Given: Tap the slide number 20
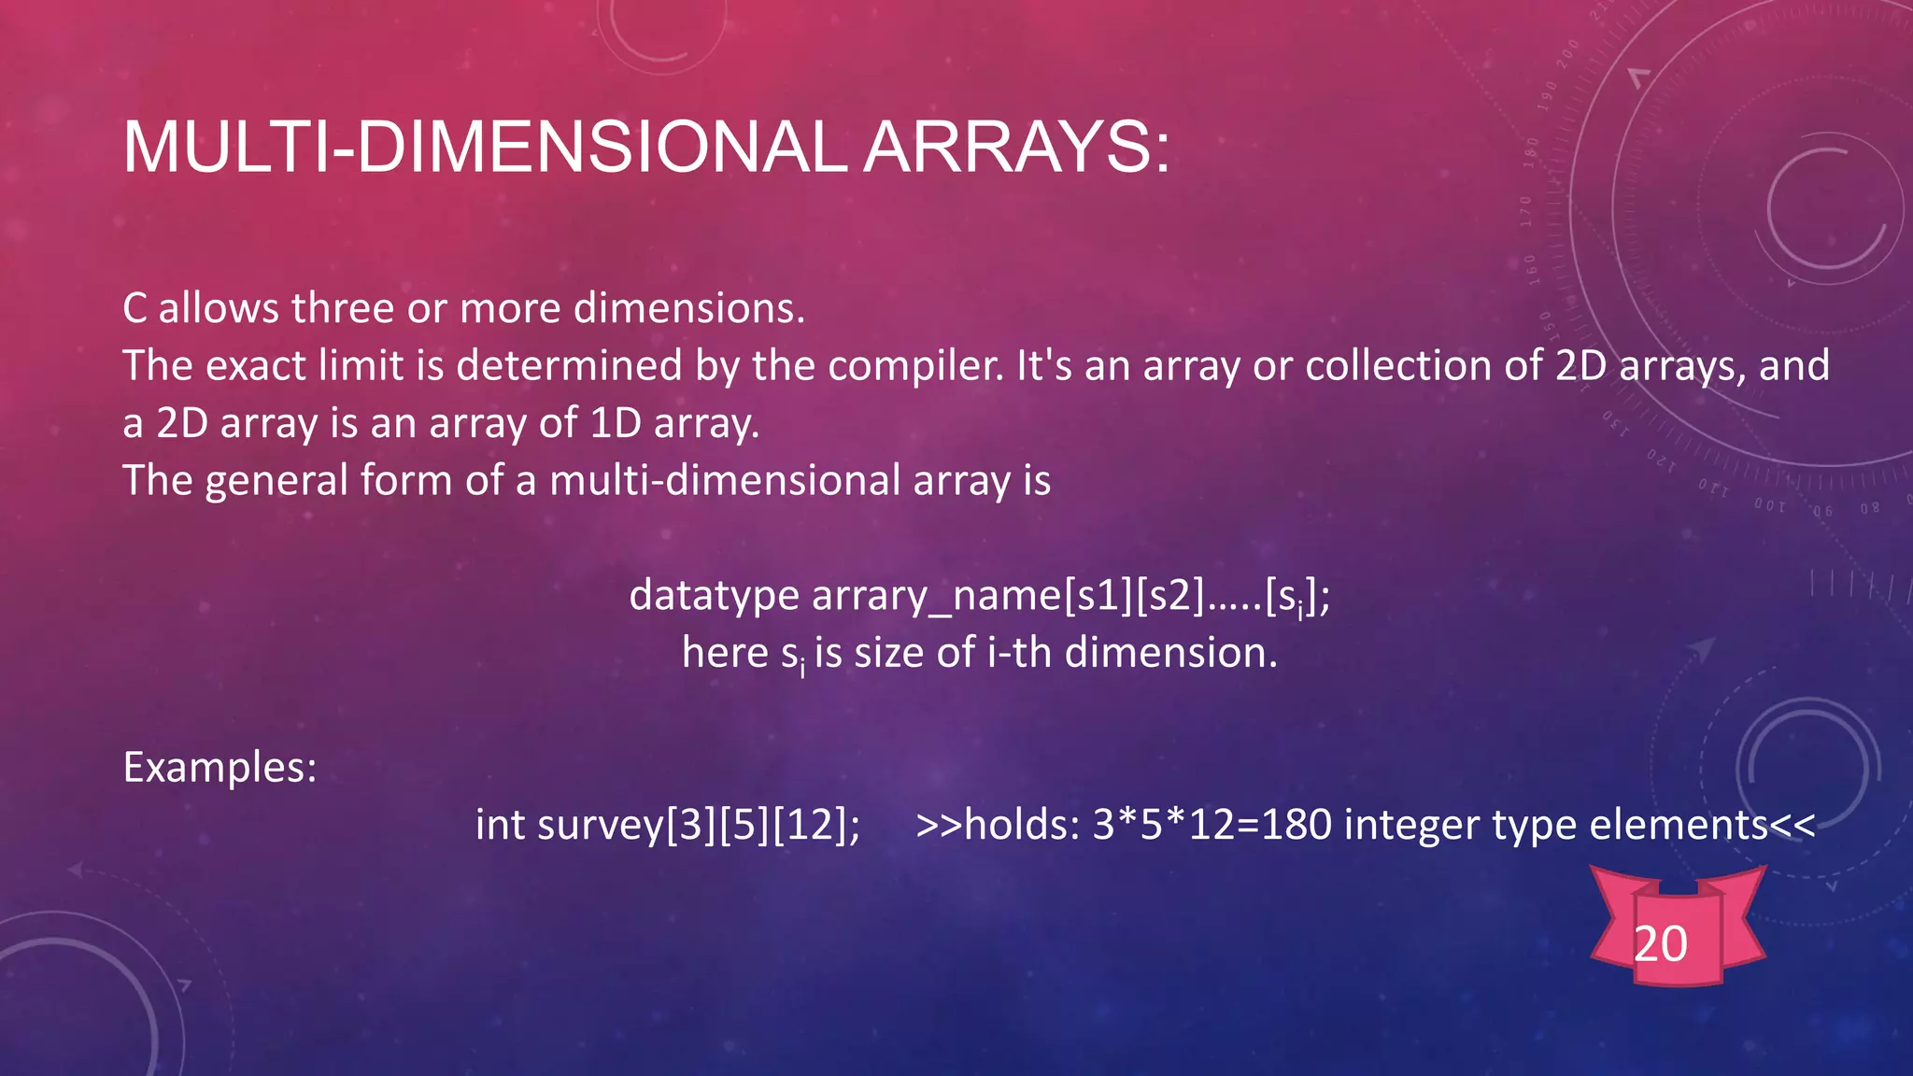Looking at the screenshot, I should pos(1661,943).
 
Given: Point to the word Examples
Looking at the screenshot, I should pos(220,768).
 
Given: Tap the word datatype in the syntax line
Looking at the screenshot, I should pos(714,596).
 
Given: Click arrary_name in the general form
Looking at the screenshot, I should pos(937,596).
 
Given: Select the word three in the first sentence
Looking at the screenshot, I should pos(342,308).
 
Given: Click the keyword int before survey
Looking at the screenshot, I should pos(500,825).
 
